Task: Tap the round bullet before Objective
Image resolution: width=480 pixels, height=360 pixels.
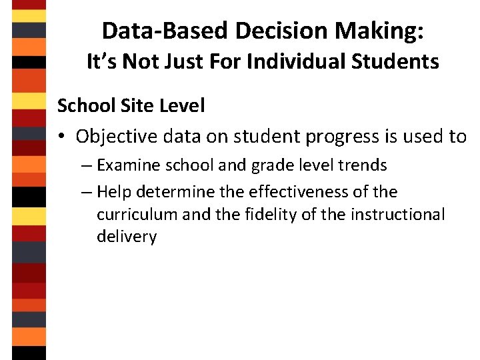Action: tap(62, 137)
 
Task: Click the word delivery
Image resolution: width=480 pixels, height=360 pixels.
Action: tap(127, 237)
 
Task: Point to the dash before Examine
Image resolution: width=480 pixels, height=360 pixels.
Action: tap(87, 165)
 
